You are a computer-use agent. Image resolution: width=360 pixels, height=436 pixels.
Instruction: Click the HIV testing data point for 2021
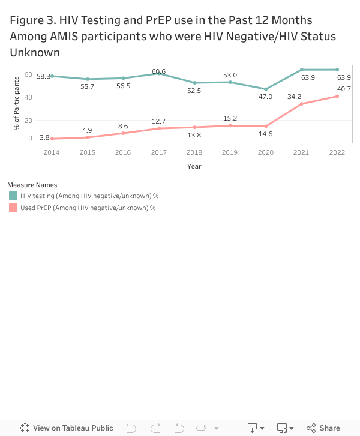(301, 70)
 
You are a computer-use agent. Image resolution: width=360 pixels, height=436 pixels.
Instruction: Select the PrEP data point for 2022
(337, 97)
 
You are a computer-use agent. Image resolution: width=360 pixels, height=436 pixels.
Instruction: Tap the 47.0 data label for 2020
(265, 97)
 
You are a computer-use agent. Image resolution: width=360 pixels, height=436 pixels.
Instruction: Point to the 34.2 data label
(295, 97)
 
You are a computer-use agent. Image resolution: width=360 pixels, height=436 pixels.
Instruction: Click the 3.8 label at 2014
(44, 138)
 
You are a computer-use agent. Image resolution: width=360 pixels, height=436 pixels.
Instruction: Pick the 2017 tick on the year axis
(159, 152)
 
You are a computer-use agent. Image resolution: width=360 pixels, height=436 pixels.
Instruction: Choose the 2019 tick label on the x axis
(230, 152)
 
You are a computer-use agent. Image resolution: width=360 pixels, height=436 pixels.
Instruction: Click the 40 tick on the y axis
(28, 97)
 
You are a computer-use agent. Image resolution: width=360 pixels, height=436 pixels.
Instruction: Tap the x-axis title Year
(194, 166)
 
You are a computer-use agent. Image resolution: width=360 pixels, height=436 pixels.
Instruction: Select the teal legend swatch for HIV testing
(13, 196)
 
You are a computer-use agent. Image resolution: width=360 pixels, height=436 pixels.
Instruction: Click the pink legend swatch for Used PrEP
(13, 208)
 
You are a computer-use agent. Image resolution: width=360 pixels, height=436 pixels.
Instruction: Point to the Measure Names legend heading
(32, 185)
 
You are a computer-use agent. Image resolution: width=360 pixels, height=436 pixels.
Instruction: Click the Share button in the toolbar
(323, 428)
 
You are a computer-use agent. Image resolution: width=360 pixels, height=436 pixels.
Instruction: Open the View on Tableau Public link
(67, 428)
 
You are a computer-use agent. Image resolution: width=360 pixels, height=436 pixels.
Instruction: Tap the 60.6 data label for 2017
(159, 72)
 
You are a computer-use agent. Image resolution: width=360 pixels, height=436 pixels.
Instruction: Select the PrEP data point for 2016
(124, 133)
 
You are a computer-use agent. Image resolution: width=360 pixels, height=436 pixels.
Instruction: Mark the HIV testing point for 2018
(194, 83)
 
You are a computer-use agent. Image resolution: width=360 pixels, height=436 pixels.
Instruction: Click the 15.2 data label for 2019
(230, 118)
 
